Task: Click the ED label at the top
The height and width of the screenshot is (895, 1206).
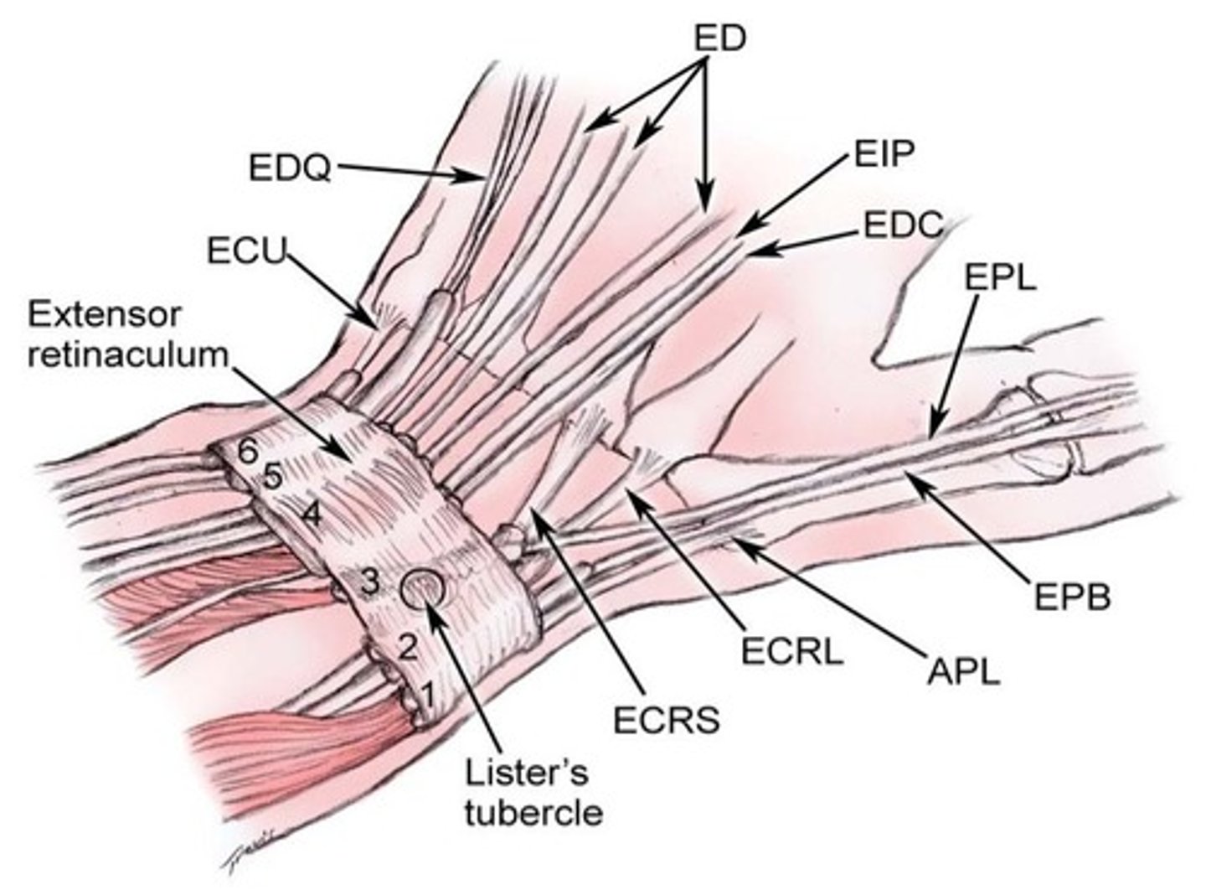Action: click(719, 39)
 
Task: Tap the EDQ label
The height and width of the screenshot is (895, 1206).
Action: click(290, 168)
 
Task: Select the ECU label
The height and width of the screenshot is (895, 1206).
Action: click(247, 250)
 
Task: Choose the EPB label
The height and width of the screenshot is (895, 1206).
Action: click(1072, 597)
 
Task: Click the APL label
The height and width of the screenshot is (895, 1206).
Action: click(963, 670)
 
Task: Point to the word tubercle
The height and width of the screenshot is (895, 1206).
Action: click(533, 813)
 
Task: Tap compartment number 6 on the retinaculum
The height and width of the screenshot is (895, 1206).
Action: click(246, 451)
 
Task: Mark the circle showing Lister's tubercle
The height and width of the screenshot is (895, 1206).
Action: click(425, 591)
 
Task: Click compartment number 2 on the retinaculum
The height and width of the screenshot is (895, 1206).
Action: click(406, 646)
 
